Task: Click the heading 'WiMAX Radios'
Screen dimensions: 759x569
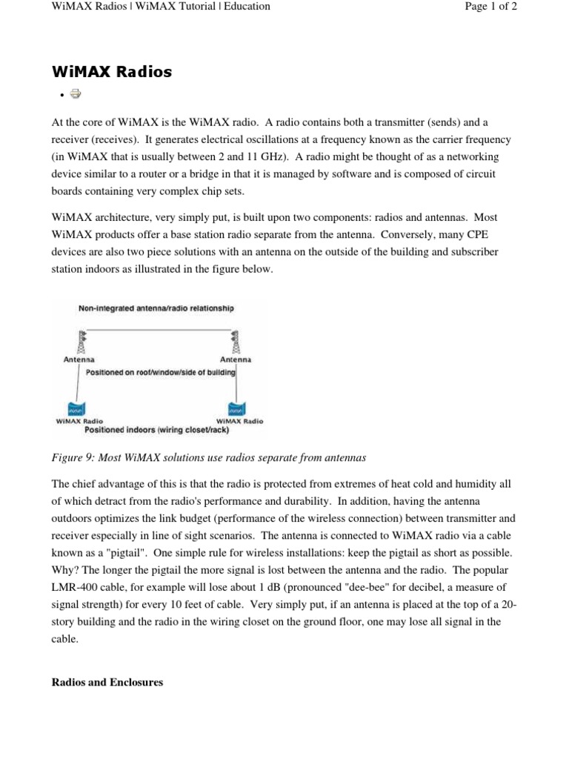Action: [x=111, y=72]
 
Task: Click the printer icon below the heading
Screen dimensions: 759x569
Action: [x=75, y=93]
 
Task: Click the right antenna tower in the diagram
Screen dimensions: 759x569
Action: [x=236, y=342]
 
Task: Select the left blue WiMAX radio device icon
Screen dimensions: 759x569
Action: [x=75, y=408]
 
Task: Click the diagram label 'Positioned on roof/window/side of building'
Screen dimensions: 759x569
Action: [x=161, y=372]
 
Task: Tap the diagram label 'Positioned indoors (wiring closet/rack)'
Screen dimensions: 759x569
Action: [x=157, y=429]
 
